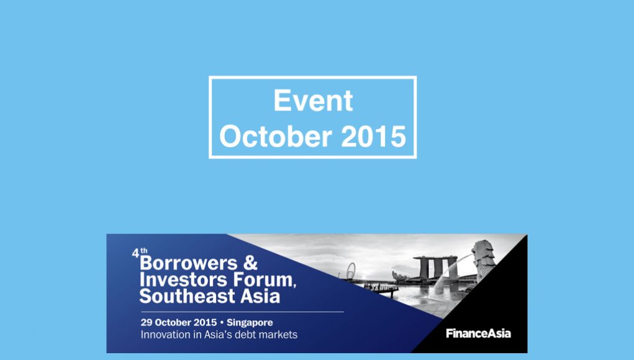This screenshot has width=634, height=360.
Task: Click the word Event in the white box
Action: tap(314, 100)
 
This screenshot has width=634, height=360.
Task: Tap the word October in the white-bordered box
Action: tap(276, 136)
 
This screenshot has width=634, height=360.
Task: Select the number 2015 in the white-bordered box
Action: tap(374, 137)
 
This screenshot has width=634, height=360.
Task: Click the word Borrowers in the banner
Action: tap(188, 263)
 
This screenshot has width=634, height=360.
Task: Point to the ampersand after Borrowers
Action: tap(250, 263)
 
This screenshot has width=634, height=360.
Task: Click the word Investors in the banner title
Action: tap(183, 279)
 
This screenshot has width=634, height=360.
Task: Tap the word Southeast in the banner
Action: tap(187, 296)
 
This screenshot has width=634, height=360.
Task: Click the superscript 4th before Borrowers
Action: tap(140, 253)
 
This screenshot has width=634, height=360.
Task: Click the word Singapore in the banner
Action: tap(250, 322)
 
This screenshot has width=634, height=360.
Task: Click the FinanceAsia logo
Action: tap(478, 333)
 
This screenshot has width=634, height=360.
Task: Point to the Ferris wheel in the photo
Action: tap(351, 271)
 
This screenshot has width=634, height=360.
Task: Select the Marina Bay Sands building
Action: tap(435, 268)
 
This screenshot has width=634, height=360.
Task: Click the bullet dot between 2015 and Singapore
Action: tap(222, 322)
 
